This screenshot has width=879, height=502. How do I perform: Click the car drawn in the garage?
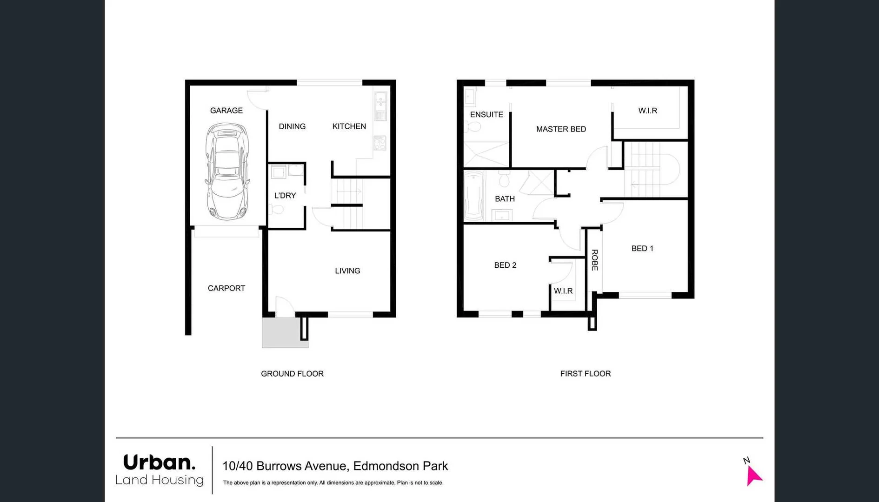[227, 171]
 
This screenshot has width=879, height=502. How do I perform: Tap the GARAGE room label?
[226, 111]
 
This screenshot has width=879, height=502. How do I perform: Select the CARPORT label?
[226, 288]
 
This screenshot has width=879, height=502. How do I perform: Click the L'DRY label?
[285, 196]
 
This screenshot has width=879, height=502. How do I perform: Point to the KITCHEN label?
[349, 126]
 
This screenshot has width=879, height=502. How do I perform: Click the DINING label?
[292, 126]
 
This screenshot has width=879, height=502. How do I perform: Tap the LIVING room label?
[347, 271]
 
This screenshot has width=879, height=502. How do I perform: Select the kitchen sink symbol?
[380, 106]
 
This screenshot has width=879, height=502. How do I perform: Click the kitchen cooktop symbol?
[380, 143]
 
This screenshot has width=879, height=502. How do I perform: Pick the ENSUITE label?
[486, 115]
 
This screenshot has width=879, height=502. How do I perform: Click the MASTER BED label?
[561, 129]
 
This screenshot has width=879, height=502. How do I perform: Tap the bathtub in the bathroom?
[474, 196]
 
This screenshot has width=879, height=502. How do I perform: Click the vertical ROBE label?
[594, 260]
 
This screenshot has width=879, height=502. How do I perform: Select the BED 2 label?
[505, 265]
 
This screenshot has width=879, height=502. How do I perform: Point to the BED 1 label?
[642, 249]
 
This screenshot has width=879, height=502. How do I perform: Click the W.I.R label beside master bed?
[647, 111]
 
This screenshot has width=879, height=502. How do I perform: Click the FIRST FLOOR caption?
[585, 374]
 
